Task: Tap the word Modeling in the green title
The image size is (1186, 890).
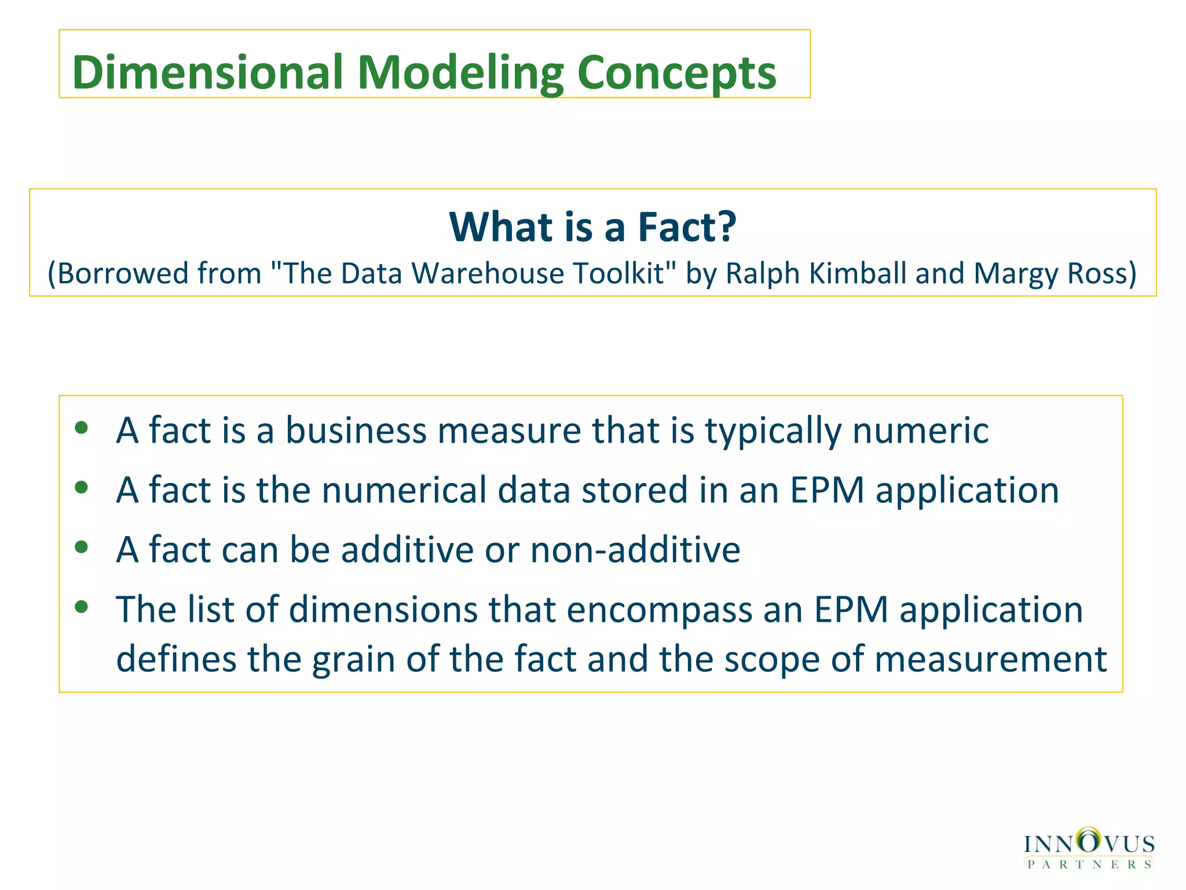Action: tap(460, 73)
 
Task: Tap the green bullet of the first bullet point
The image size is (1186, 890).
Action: tap(82, 428)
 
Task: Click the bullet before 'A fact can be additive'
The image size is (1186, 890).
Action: tap(82, 546)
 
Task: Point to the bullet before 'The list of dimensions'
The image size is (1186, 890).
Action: tap(82, 607)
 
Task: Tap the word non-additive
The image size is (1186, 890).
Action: tap(635, 549)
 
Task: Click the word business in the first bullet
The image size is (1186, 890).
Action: tap(356, 431)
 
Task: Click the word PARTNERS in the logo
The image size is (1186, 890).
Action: tap(1089, 865)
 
